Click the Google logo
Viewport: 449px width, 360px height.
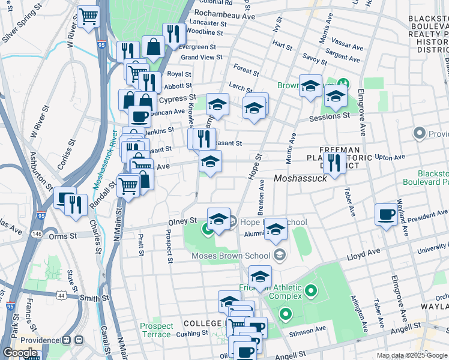(x=20, y=353)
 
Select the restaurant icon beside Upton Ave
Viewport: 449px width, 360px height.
(x=334, y=161)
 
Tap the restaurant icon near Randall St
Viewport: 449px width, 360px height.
(x=76, y=204)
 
